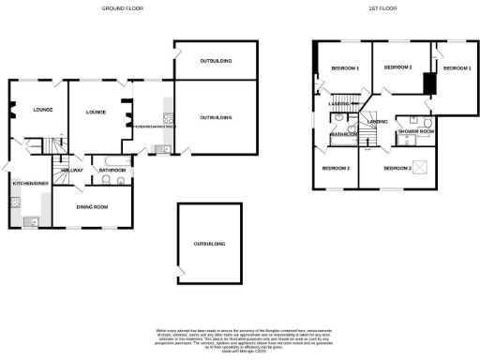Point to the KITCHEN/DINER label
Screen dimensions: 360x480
30,184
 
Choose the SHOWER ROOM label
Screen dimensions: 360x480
414,132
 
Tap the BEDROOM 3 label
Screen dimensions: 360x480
397,168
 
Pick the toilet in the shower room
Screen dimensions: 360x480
427,122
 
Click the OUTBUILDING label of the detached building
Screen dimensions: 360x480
209,243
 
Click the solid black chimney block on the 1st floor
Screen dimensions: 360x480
427,83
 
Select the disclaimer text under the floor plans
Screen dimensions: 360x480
239,338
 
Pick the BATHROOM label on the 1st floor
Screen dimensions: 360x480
343,134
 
